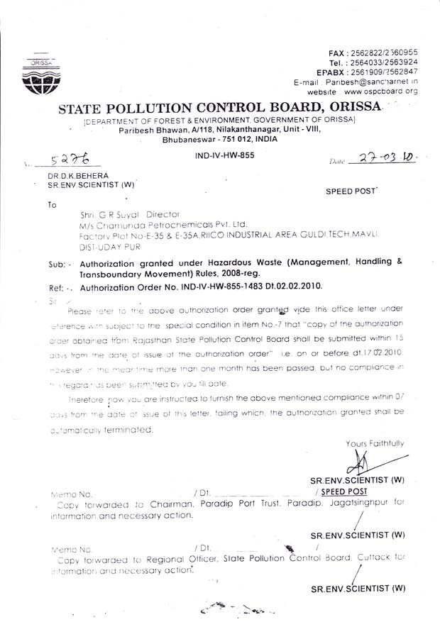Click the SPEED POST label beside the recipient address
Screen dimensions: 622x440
pos(351,191)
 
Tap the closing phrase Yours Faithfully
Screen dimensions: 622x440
pos(375,443)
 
